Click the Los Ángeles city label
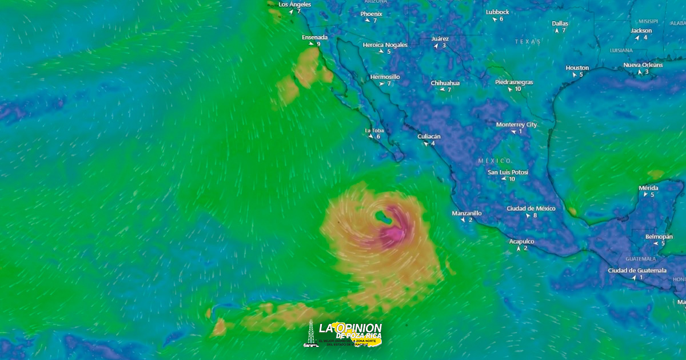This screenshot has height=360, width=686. (x=294, y=5)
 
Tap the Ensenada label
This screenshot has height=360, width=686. (x=314, y=37)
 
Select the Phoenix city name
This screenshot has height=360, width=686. (x=371, y=14)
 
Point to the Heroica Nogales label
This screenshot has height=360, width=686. (x=385, y=45)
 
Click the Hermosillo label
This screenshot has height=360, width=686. (x=385, y=77)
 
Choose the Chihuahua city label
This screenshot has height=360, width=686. (x=445, y=83)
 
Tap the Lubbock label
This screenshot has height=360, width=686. (x=497, y=12)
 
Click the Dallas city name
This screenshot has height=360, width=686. (x=560, y=23)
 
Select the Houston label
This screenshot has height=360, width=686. (x=577, y=67)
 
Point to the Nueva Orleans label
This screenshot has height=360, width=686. (x=643, y=65)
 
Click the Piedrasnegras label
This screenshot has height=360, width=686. (x=514, y=82)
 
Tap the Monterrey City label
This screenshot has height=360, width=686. (x=516, y=125)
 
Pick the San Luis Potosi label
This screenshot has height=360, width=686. (x=508, y=172)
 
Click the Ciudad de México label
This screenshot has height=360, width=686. (x=531, y=209)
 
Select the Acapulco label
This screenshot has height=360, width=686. (x=521, y=241)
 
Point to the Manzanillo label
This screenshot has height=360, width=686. (x=466, y=213)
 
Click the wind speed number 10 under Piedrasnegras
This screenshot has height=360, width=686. (x=518, y=89)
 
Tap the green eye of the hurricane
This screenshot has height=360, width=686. (x=382, y=217)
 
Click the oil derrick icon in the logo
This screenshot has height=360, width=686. (x=310, y=333)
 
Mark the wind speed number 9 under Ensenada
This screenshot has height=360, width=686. (x=318, y=44)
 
